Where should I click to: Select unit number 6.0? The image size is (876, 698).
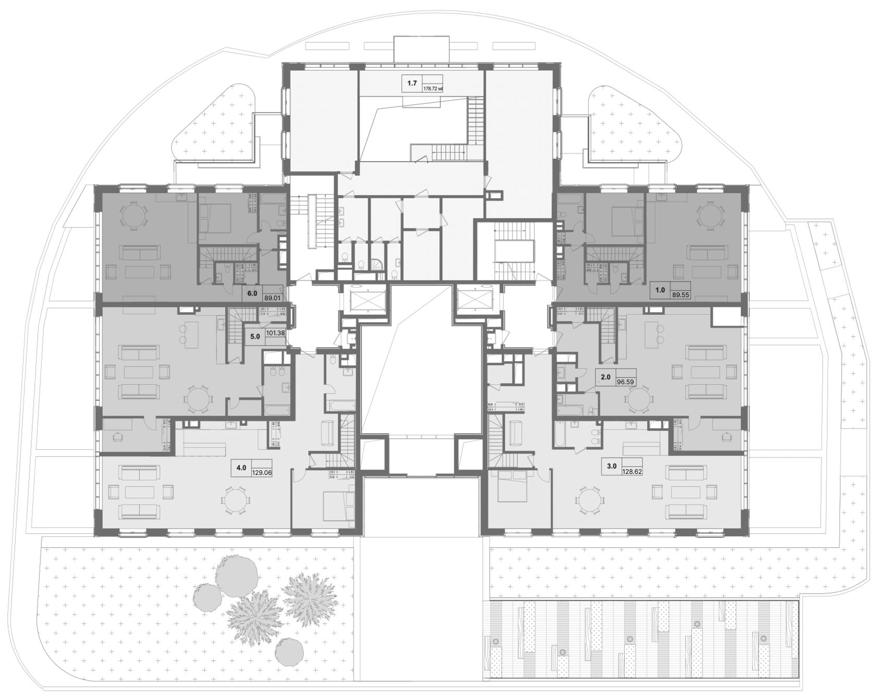coord(252,293)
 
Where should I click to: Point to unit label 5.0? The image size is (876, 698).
coord(255,337)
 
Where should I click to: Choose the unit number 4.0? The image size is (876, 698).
coord(241,468)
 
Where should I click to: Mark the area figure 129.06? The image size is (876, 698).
coord(262,473)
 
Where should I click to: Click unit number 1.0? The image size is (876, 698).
coord(660,290)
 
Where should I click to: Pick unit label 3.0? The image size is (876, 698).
coord(612,467)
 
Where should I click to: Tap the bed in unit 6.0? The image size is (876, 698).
coord(215,218)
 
